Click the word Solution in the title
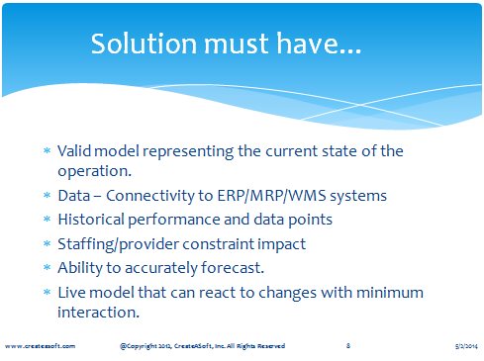coord(144,44)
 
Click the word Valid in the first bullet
coord(74,151)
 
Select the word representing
coord(188,152)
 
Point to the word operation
coord(94,172)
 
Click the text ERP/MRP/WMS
coord(271,196)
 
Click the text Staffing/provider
coord(118,245)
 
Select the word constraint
coord(219,244)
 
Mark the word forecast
coord(233,267)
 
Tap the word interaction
coord(98,312)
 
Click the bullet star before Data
coord(48,195)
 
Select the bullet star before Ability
coord(48,267)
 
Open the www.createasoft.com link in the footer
coord(40,346)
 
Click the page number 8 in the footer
coord(348,345)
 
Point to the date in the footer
coord(466,346)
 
